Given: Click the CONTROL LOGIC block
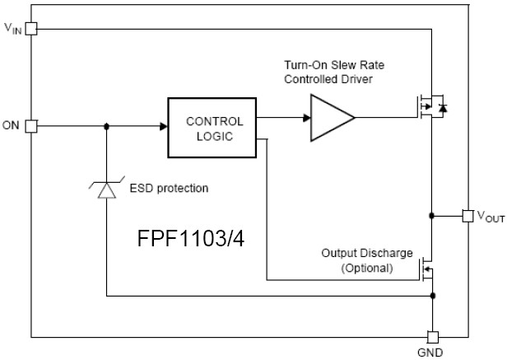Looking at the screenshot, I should click(x=212, y=128).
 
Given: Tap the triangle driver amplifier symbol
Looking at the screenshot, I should click(x=331, y=119).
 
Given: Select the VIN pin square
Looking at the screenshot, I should click(x=31, y=29).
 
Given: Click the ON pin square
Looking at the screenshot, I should click(x=31, y=126).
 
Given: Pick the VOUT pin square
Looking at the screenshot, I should click(x=467, y=216).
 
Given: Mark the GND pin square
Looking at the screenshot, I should click(x=432, y=337).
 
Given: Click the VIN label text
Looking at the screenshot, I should click(x=13, y=29).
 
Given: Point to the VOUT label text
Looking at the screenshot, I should click(x=491, y=217).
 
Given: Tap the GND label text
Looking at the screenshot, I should click(x=432, y=353).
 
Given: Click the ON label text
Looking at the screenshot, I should click(x=12, y=126).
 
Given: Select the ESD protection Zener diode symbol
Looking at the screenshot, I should click(x=107, y=189).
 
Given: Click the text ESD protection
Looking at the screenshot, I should click(x=169, y=189).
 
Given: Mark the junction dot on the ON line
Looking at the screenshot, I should click(x=107, y=126).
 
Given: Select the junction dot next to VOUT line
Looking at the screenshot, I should click(x=432, y=216).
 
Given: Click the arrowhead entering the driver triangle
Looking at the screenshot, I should click(x=306, y=119).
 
